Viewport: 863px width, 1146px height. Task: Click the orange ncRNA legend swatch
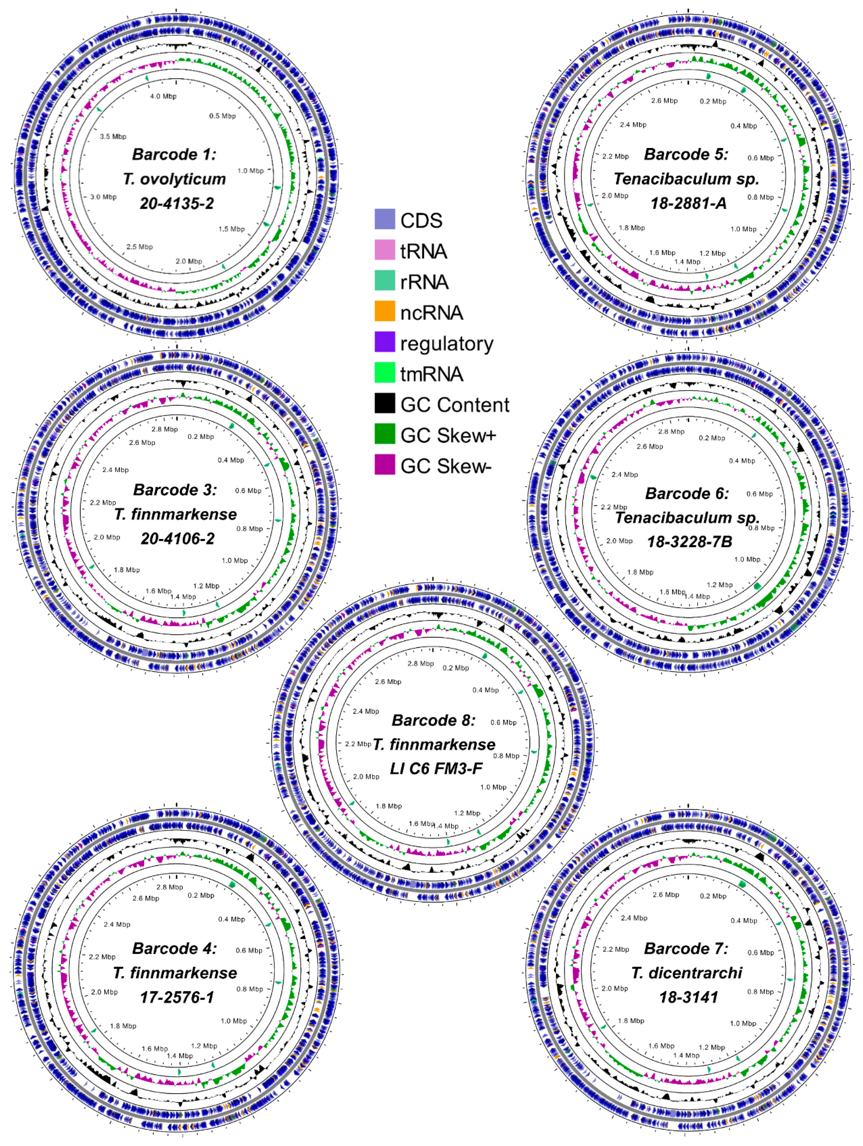coord(384,311)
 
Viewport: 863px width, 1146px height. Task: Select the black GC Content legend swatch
coord(384,404)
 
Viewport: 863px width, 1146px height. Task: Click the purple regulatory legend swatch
coord(384,342)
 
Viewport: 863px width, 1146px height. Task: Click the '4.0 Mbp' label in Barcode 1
coord(163,96)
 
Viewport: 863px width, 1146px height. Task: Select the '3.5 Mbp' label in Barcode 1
coord(113,137)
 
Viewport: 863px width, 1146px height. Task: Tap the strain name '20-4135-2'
coord(177,203)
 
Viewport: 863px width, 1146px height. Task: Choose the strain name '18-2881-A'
coord(688,203)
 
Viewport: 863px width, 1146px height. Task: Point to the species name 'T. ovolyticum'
coord(175,179)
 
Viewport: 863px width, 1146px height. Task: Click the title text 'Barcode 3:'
coord(175,490)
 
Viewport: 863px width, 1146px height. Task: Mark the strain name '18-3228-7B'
coord(689,542)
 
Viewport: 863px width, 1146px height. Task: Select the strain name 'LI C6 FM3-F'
coord(436,769)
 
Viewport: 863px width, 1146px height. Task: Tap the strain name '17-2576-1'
coord(177,997)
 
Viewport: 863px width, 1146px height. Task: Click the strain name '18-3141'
coord(688,997)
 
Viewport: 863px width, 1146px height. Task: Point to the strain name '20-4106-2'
coord(177,539)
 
